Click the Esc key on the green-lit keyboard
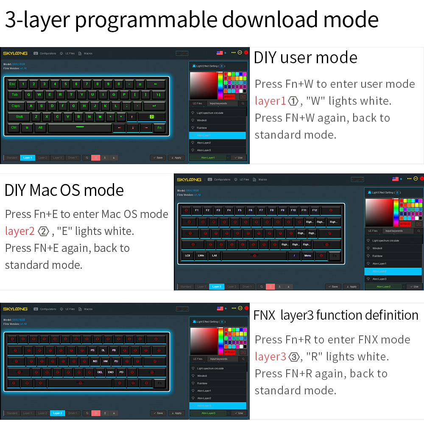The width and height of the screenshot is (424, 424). click(12, 84)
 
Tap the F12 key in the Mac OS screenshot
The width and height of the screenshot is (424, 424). click(315, 210)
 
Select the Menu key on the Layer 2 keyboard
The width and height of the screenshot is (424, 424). click(307, 256)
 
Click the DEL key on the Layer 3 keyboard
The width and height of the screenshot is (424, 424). click(100, 372)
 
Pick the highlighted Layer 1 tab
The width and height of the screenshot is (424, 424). click(28, 158)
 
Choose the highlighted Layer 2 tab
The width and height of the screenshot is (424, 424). click(217, 287)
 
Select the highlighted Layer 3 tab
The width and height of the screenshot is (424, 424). click(58, 413)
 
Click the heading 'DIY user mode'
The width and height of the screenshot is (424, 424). click(305, 58)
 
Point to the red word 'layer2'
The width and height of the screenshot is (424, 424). click(20, 231)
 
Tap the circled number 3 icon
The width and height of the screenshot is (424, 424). click(293, 357)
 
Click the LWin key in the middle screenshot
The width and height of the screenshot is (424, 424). click(201, 256)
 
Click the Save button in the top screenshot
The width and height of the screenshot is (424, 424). click(158, 158)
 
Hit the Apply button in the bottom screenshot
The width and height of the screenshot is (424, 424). click(177, 413)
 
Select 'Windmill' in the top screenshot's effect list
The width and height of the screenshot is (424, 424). click(202, 120)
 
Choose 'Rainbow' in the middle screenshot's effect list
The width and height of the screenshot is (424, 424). click(377, 256)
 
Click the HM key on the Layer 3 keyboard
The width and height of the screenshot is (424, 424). click(106, 361)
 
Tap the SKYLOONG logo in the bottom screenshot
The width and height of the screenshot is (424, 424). click(15, 309)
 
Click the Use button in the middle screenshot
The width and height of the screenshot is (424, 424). click(415, 287)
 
